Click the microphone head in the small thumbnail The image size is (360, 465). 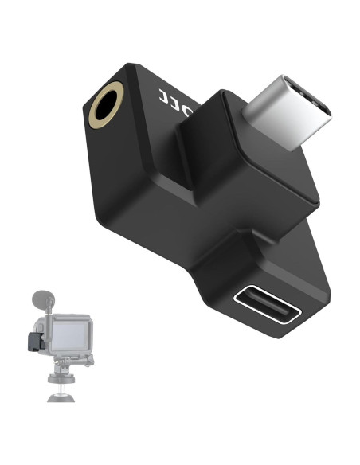[x=41, y=303]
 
